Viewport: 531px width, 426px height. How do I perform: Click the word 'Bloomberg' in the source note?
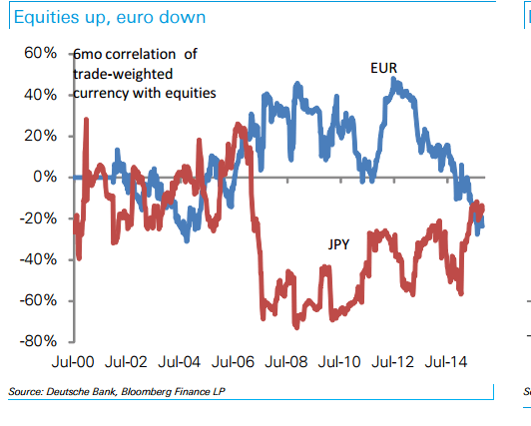tap(146, 391)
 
